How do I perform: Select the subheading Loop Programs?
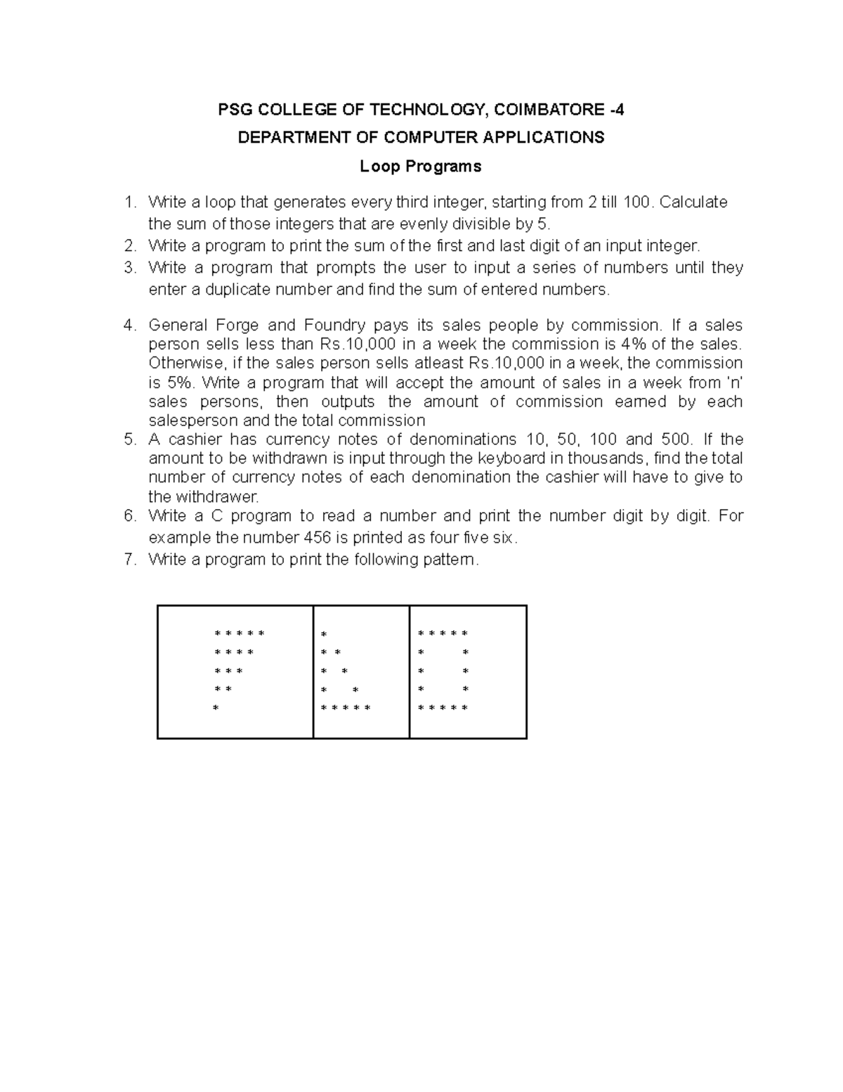pos(420,167)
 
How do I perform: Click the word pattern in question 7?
pos(451,560)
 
